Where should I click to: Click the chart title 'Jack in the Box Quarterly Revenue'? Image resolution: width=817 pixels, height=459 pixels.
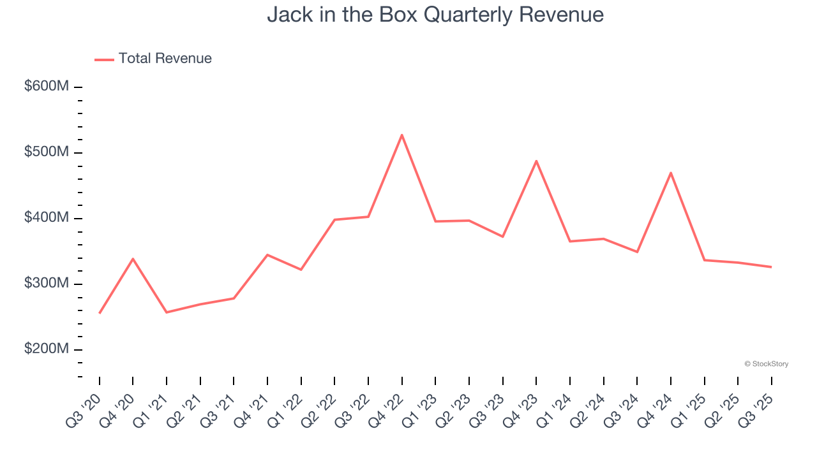pos(435,14)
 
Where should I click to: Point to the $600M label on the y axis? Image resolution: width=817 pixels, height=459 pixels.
pos(47,86)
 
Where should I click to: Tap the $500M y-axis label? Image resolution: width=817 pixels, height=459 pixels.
pos(47,152)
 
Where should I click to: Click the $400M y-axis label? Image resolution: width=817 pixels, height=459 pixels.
pos(47,218)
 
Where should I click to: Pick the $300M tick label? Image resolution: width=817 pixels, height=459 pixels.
pos(47,284)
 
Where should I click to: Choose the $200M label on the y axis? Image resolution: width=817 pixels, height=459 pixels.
pos(47,349)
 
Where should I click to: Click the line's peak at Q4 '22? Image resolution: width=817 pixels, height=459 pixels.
pos(401,135)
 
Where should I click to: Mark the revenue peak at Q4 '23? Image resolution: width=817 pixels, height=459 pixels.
pos(536,161)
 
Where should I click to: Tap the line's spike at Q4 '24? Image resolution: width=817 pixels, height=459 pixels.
pos(670,173)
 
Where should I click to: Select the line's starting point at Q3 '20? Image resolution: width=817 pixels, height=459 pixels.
pos(100,313)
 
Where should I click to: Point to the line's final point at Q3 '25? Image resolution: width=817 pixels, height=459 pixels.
pos(771,267)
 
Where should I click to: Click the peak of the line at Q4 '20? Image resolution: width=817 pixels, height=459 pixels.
pos(133,259)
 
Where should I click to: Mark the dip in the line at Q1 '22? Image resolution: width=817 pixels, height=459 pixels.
pos(301,270)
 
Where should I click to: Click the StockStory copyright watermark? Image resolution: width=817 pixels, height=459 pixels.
pos(766,364)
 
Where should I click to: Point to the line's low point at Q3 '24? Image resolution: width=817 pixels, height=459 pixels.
pos(637,252)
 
